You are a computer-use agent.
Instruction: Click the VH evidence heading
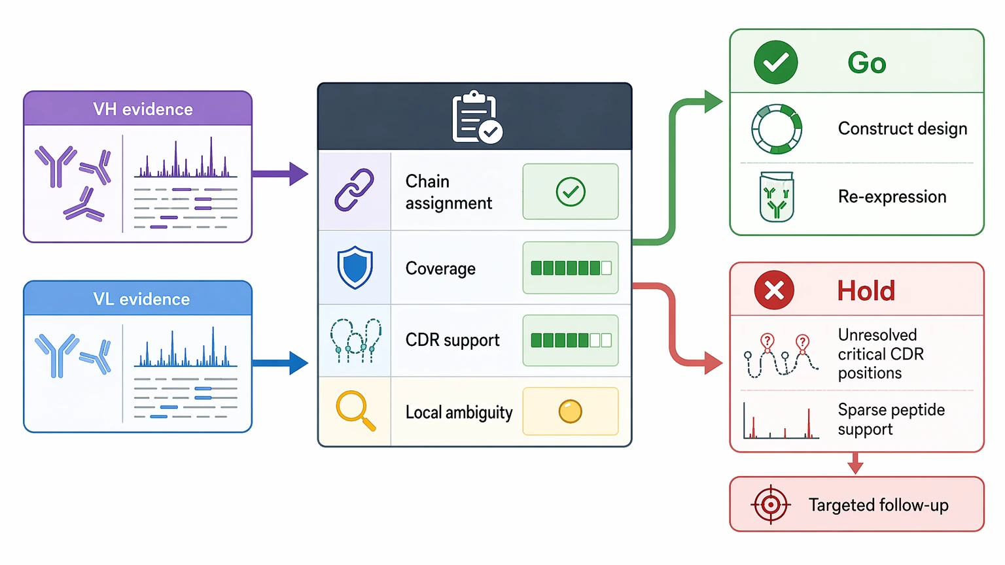(143, 109)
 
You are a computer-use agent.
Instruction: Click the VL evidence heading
(141, 299)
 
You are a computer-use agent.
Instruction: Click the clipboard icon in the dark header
(477, 117)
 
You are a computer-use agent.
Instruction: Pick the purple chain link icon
(354, 190)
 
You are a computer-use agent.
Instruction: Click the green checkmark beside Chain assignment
(571, 192)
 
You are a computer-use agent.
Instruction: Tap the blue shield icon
(355, 267)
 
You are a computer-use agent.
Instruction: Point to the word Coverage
(440, 269)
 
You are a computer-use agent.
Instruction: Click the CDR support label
(452, 340)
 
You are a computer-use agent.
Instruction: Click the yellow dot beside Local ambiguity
(571, 411)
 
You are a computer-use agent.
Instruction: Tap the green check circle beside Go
(776, 62)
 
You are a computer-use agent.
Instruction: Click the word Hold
(866, 290)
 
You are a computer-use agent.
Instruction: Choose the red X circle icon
(774, 290)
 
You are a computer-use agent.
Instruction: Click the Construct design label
(902, 129)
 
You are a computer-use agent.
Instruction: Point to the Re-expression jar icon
(777, 197)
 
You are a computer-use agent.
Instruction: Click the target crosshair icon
(770, 504)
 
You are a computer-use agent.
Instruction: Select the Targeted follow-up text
(879, 505)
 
